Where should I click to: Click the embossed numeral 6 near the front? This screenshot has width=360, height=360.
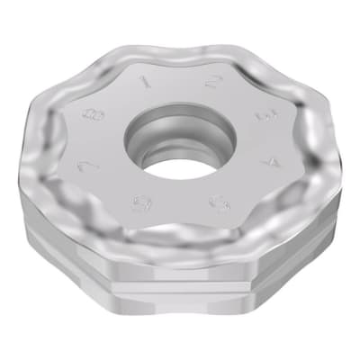pyautogui.click(x=140, y=202)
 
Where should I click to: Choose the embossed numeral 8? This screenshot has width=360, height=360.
pyautogui.click(x=89, y=115)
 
